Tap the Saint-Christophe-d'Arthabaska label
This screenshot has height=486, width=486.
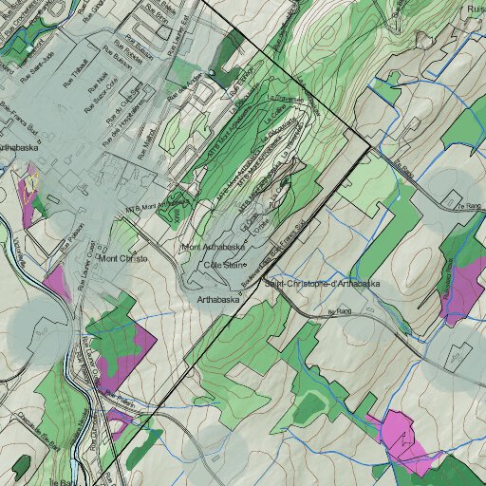pyautogui.click(x=322, y=284)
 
